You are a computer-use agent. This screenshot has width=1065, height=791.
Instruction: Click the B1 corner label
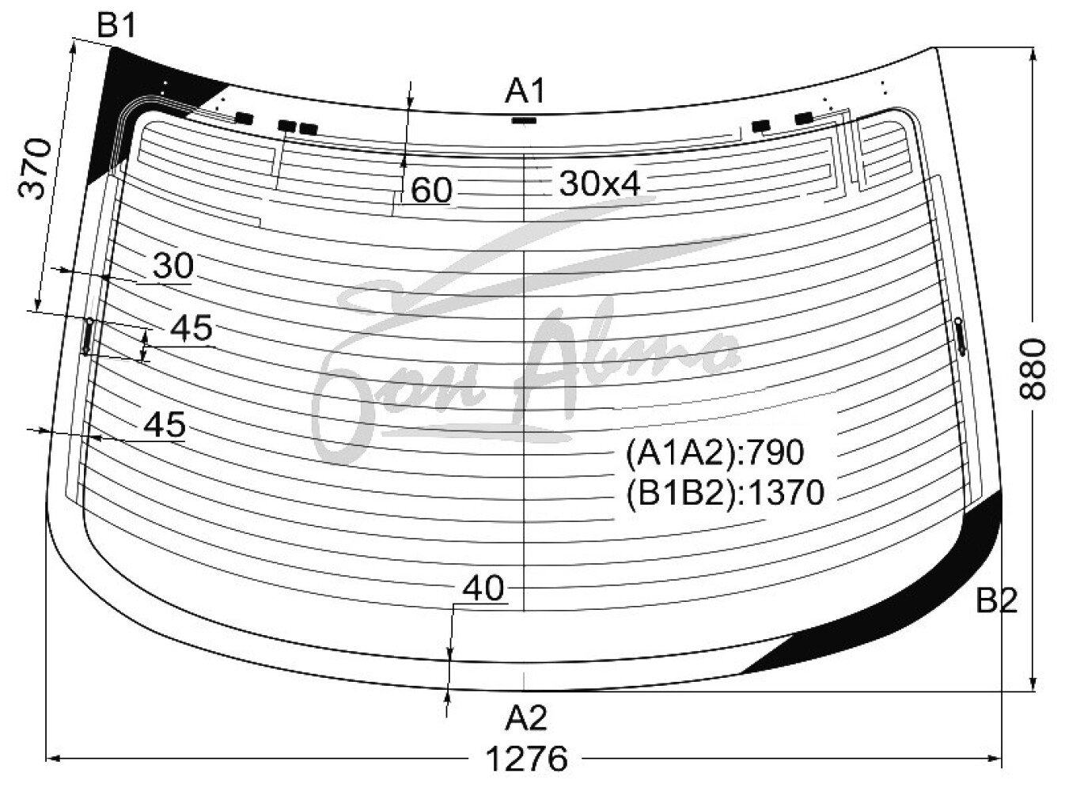[116, 26]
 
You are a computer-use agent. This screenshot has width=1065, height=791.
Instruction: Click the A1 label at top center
[525, 91]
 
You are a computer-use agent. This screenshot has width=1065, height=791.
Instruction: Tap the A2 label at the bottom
[526, 718]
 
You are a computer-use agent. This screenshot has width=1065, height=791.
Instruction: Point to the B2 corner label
[997, 600]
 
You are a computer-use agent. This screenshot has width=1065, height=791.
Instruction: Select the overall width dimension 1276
[527, 759]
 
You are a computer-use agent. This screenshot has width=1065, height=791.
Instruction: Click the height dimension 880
[1032, 369]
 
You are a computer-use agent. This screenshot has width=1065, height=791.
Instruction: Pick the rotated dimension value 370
[35, 169]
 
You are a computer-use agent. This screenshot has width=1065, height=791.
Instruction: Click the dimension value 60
[431, 190]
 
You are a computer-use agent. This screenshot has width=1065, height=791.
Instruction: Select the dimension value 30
[173, 266]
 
